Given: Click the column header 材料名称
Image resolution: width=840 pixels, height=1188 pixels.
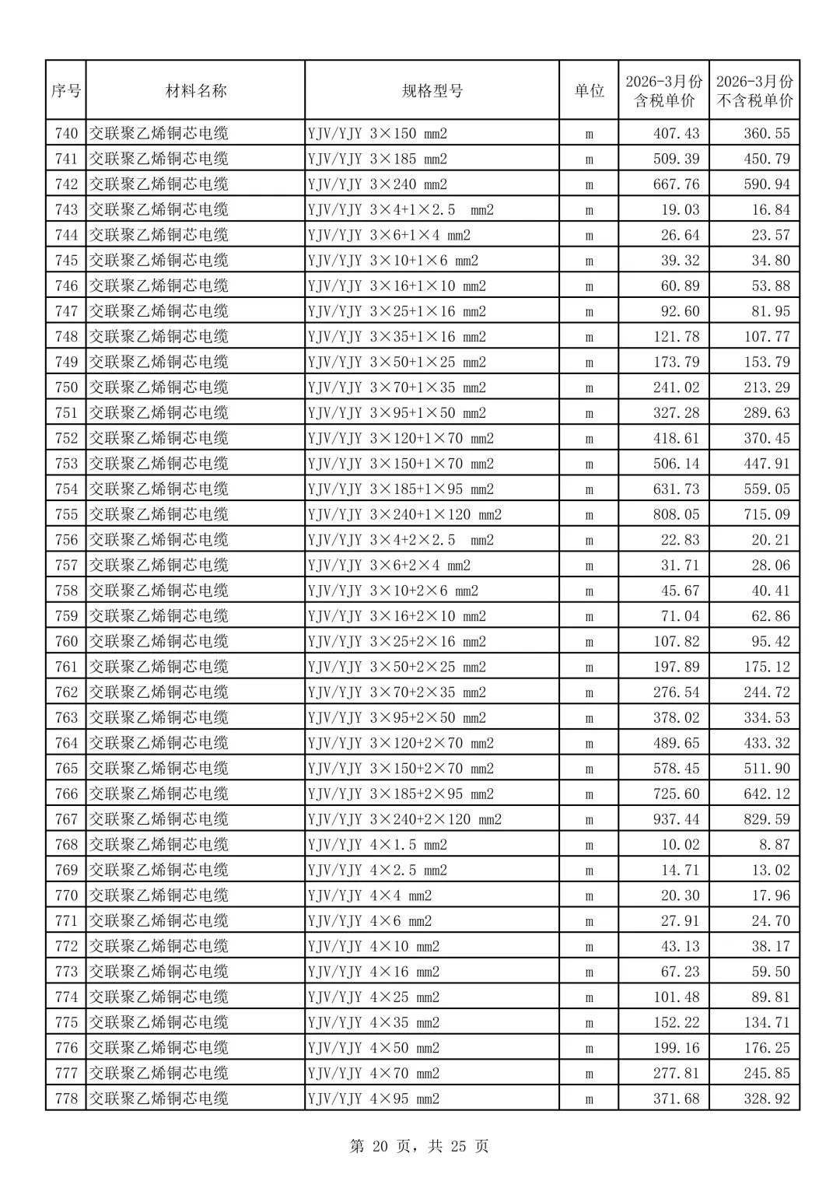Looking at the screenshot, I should click(196, 91).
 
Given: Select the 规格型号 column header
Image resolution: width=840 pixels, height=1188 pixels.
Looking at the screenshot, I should click(432, 91).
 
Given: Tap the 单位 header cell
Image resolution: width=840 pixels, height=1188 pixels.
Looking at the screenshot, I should click(589, 91).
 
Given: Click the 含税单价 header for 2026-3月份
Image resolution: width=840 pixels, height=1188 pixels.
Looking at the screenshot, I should click(663, 91).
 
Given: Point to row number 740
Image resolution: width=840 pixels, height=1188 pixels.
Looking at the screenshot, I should click(66, 134).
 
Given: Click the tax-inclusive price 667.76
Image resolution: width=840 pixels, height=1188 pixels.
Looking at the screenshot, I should click(676, 184).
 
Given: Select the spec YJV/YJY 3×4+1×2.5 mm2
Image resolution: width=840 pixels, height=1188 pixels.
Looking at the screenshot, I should click(401, 210).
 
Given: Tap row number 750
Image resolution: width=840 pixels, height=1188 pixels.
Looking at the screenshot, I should click(66, 387).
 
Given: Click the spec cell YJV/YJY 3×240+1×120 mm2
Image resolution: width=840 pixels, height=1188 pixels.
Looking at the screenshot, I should click(404, 514).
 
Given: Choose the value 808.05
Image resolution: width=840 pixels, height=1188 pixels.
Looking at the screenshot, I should click(676, 514).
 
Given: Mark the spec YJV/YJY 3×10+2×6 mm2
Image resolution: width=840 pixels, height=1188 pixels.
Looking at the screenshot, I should click(393, 590).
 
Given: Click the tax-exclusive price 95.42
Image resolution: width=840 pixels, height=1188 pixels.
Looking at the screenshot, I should click(770, 642).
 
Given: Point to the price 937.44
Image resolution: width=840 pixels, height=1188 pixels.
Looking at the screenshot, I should click(676, 819).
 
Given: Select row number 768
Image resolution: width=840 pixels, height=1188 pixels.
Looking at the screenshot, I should click(66, 845).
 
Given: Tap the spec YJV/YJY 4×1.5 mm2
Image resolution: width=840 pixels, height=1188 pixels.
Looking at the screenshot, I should click(377, 845).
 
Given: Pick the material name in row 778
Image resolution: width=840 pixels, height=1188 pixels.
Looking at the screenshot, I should click(159, 1099).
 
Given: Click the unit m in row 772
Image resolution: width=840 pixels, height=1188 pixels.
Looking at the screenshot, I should click(589, 947).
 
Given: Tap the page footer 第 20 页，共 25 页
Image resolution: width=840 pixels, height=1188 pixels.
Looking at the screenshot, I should click(419, 1146).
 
